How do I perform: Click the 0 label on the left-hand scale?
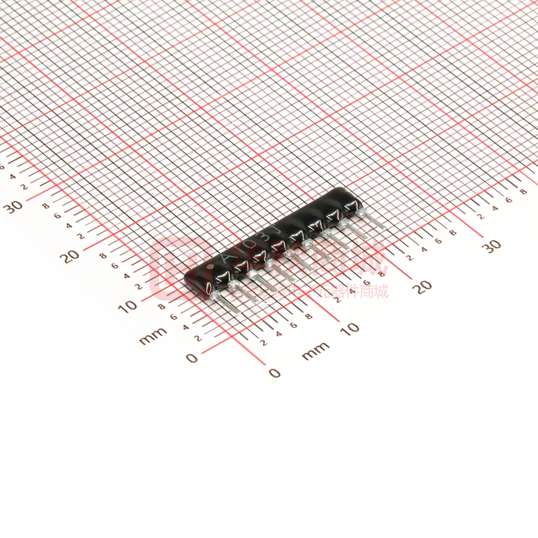(x=191, y=357)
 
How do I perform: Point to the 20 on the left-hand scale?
(x=71, y=256)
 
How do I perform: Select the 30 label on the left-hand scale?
(x=13, y=206)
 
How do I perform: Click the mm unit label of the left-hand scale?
(x=153, y=339)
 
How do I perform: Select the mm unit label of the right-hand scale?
(x=315, y=351)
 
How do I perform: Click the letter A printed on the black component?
(x=225, y=258)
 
